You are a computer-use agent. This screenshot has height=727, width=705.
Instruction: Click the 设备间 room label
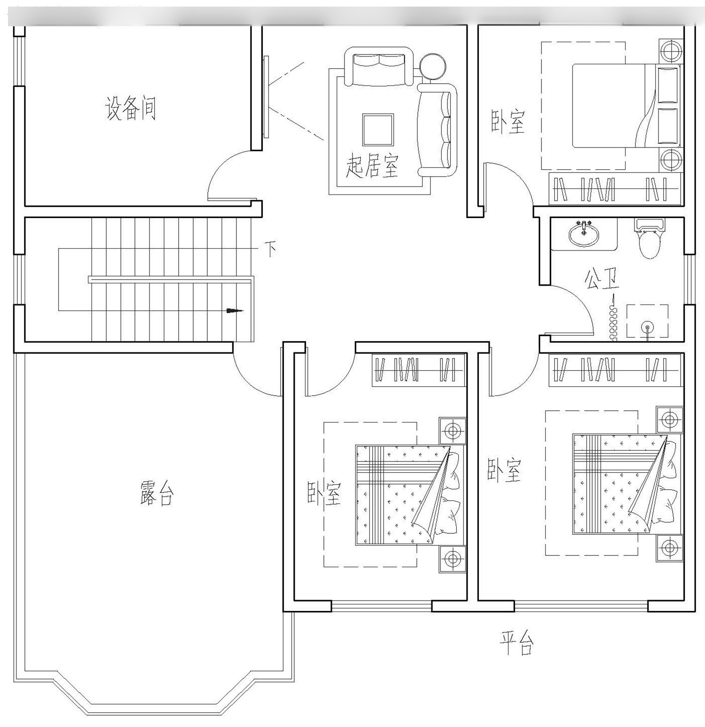pyautogui.click(x=130, y=109)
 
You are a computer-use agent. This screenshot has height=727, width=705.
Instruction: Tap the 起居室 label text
pyautogui.click(x=372, y=165)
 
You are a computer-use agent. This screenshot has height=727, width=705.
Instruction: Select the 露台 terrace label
pyautogui.click(x=157, y=492)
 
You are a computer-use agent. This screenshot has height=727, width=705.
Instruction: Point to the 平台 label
pyautogui.click(x=516, y=642)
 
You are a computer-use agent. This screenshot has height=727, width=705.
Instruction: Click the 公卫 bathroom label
pyautogui.click(x=602, y=279)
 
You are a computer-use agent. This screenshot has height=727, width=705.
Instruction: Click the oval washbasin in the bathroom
pyautogui.click(x=584, y=233)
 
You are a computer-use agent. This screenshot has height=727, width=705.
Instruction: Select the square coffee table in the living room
pyautogui.click(x=377, y=130)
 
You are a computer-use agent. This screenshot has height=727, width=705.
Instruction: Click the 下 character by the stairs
pyautogui.click(x=270, y=249)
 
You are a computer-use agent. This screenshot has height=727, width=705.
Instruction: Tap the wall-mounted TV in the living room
pyautogui.click(x=266, y=97)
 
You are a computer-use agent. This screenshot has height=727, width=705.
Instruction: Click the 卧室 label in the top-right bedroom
pyautogui.click(x=508, y=122)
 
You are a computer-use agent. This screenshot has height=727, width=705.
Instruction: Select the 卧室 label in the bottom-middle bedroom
pyautogui.click(x=324, y=493)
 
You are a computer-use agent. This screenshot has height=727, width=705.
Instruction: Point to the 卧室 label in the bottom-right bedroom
pyautogui.click(x=504, y=470)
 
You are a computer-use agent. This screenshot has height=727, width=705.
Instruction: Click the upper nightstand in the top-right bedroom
pyautogui.click(x=671, y=50)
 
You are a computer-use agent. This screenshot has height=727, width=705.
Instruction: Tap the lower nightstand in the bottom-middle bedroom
pyautogui.click(x=453, y=559)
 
